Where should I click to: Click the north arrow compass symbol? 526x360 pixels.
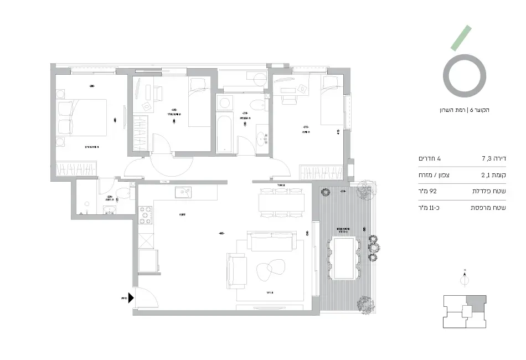tap(465, 280)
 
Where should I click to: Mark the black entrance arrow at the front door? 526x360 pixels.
tap(131, 298)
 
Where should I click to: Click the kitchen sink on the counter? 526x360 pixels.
tap(183, 193)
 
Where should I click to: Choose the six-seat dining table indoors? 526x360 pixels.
tap(281, 203)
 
